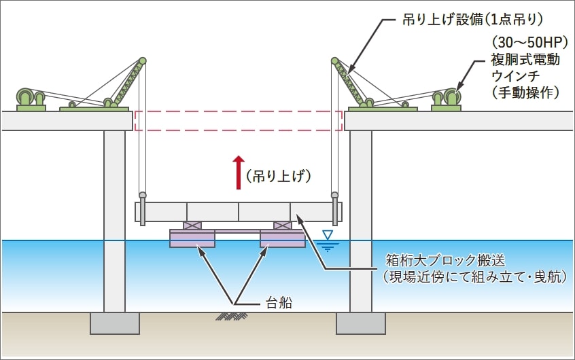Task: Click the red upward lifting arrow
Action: point(239,172)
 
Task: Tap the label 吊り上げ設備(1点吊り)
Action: point(472,20)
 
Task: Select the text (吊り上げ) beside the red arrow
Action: point(279,177)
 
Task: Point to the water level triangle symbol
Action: point(328,236)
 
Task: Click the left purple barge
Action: point(192,238)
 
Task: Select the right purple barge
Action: point(283,238)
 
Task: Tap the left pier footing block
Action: point(114,323)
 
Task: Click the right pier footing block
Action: point(361,323)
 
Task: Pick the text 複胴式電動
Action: point(524,59)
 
